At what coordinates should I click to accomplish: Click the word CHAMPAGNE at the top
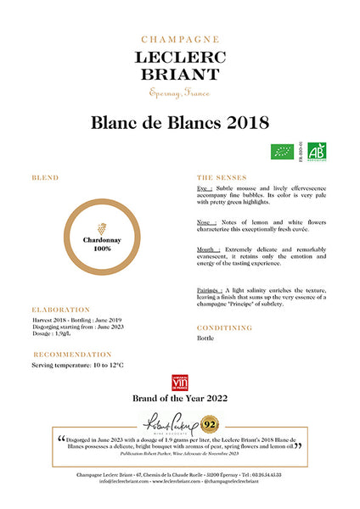(x=179, y=39)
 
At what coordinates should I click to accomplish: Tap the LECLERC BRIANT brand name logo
(x=179, y=64)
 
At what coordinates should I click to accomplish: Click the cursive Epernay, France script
(x=179, y=92)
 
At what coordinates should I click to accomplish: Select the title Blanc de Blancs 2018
(x=179, y=123)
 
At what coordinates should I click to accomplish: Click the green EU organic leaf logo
(x=282, y=152)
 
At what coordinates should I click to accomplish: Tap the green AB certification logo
(x=318, y=152)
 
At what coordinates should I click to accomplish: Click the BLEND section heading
(x=45, y=178)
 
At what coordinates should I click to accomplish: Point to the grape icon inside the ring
(x=102, y=229)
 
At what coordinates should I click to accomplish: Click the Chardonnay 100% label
(x=102, y=244)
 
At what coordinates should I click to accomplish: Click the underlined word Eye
(x=205, y=187)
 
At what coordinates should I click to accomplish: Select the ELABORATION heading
(x=60, y=310)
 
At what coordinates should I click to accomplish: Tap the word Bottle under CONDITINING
(x=207, y=338)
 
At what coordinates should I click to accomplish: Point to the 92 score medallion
(x=208, y=422)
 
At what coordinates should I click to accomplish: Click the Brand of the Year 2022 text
(x=179, y=397)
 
